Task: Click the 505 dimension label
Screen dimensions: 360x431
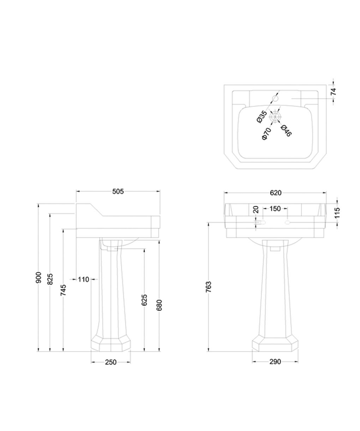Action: [x=118, y=191]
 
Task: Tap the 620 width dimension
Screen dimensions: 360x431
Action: [x=275, y=193]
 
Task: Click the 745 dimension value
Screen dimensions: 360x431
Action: [x=64, y=290]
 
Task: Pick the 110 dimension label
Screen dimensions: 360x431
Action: [x=84, y=279]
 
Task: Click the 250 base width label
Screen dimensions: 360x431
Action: [x=111, y=362]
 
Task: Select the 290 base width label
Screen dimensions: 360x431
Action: [x=275, y=362]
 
